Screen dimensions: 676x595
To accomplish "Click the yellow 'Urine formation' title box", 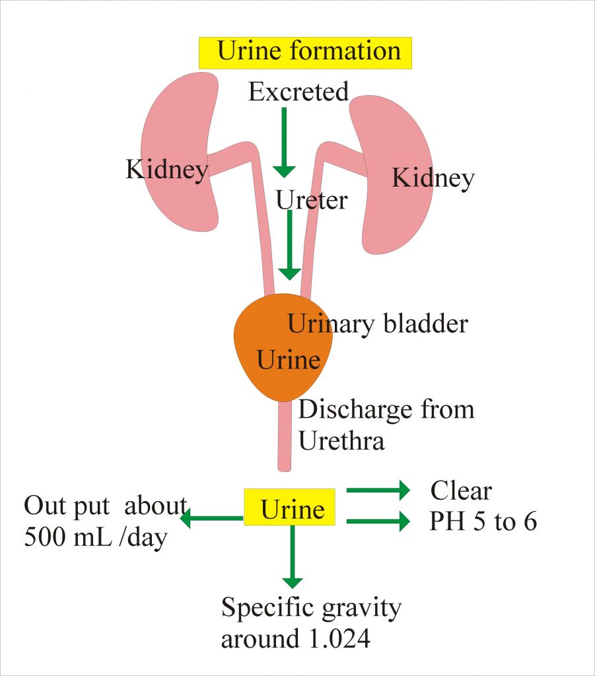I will [305, 52].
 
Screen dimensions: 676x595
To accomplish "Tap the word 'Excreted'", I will [298, 92].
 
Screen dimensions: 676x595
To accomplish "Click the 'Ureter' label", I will [311, 199].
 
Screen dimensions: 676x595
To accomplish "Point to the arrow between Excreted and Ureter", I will [284, 142].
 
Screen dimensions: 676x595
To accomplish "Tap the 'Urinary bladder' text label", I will [378, 323].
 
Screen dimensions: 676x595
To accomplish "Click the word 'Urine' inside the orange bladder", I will [288, 360].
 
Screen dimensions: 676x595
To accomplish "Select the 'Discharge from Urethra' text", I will [386, 424].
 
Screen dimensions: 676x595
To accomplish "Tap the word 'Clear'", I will [461, 491].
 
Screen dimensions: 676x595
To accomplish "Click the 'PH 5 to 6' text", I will [483, 522].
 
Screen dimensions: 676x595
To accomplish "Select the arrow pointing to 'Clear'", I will [378, 490].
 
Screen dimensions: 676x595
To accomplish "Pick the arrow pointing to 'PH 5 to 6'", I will [378, 522].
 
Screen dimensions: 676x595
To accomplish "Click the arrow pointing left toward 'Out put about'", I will [211, 519].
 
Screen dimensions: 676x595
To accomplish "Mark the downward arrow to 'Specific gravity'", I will [292, 558].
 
